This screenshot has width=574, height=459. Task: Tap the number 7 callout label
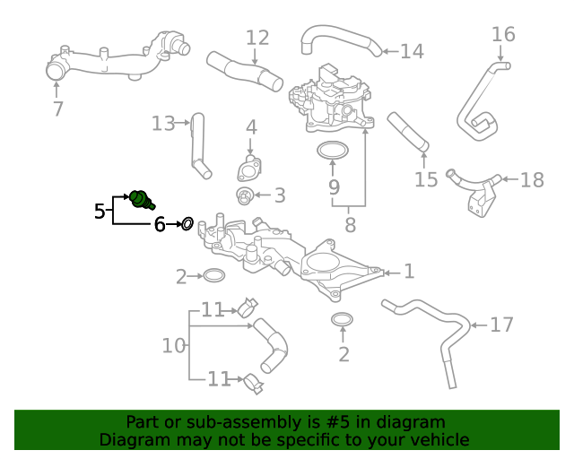[x=58, y=109]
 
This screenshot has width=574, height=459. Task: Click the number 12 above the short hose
[x=257, y=38]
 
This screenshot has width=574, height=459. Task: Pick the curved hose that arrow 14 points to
[x=338, y=37]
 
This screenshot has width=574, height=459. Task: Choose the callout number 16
[x=503, y=35]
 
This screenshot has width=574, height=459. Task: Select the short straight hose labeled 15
[x=409, y=131]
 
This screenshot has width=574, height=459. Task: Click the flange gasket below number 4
[x=248, y=169]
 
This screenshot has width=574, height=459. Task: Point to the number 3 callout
[x=279, y=195]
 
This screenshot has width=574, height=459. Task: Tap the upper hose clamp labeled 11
[x=248, y=310]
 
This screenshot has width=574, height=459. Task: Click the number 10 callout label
[x=174, y=344]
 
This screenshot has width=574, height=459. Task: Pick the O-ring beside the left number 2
[x=213, y=275]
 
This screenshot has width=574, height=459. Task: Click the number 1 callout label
[x=408, y=271]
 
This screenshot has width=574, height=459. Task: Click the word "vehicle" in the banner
[x=439, y=439]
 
